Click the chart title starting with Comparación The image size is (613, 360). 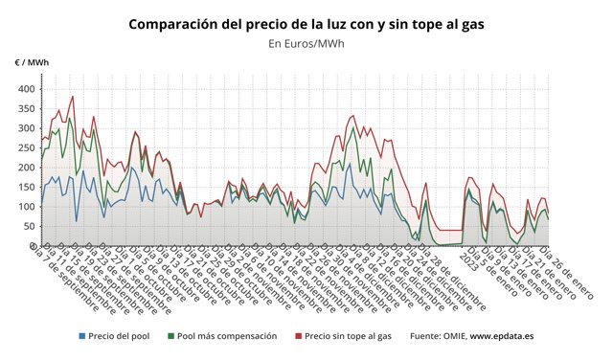point(306,23)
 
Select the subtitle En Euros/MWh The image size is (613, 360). point(306,43)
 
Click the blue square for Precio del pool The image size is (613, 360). point(81,337)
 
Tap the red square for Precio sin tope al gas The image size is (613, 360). point(299,337)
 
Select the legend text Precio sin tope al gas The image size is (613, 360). point(350,337)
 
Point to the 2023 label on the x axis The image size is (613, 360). point(469,257)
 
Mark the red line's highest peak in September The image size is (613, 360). point(72,97)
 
